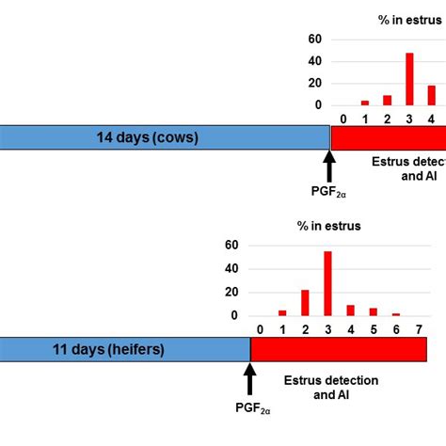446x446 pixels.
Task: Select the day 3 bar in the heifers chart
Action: [327, 284]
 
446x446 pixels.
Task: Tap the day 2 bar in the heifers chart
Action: [305, 303]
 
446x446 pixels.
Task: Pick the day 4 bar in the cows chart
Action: [432, 96]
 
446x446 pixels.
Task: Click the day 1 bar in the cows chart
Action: [365, 103]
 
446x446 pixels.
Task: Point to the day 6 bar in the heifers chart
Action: [396, 314]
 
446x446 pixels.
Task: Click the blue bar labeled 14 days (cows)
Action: [165, 138]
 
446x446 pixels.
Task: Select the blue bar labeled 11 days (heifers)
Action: [124, 349]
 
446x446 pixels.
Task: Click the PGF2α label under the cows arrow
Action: [329, 194]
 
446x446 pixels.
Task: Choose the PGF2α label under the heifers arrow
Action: [250, 406]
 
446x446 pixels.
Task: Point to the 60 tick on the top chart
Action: [315, 39]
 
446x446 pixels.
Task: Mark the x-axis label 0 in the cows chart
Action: [343, 119]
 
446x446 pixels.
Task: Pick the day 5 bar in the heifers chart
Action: [373, 311]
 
